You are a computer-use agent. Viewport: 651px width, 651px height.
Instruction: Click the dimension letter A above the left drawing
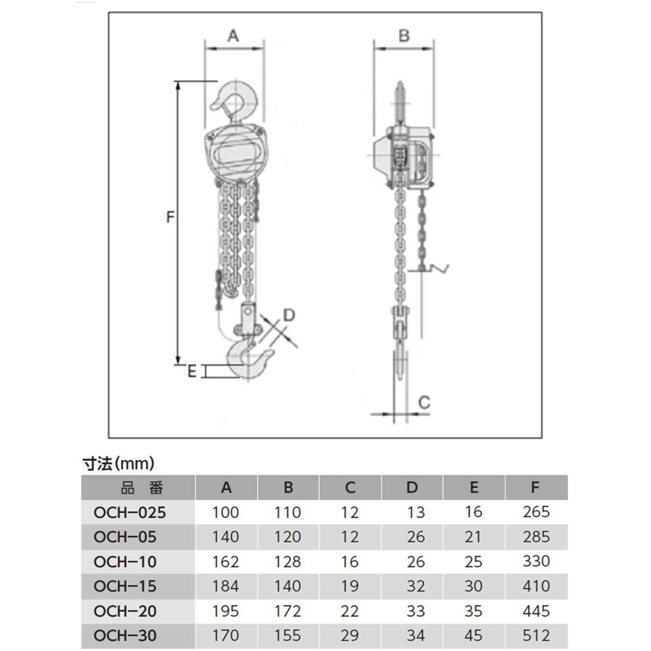[233, 36]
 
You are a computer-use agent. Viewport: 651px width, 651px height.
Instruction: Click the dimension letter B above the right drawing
[404, 36]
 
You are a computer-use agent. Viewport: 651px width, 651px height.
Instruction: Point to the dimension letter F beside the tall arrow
[171, 217]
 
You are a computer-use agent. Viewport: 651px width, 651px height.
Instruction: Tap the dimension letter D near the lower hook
[289, 315]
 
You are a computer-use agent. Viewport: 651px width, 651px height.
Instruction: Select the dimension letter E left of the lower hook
[192, 372]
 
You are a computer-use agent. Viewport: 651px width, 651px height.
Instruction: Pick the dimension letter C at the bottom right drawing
[424, 403]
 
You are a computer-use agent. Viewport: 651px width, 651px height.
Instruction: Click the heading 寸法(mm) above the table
[118, 464]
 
